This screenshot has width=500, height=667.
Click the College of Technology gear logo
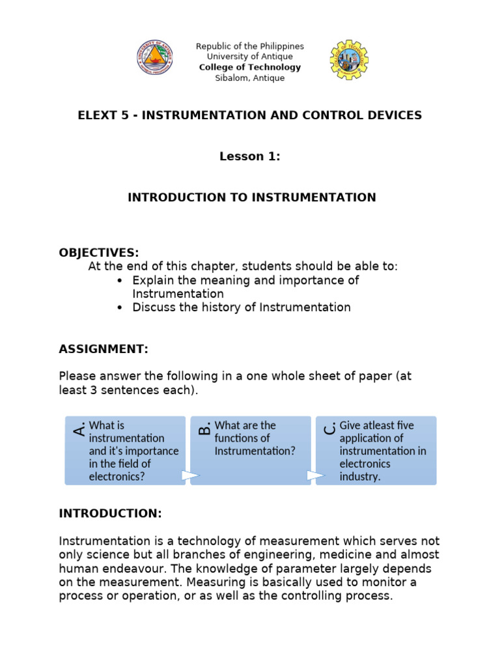tap(348, 59)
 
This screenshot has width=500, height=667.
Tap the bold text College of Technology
tap(250, 67)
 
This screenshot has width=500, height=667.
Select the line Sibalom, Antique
tap(250, 78)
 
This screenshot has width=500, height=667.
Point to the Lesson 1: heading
tap(250, 156)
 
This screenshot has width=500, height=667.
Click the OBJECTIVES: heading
tap(99, 253)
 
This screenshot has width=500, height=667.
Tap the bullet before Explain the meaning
tap(120, 281)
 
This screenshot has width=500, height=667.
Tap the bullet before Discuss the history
tap(120, 308)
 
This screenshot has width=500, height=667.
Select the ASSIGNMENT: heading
tap(104, 349)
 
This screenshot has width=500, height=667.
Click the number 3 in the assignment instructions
tap(90, 390)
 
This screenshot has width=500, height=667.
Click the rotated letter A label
tap(79, 429)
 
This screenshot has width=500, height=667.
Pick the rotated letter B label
tap(204, 428)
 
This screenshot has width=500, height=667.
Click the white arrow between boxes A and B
tap(190, 475)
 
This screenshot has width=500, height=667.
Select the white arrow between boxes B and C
tap(316, 475)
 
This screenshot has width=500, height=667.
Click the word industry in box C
tap(359, 476)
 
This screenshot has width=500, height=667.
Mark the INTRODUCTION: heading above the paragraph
tap(110, 513)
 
